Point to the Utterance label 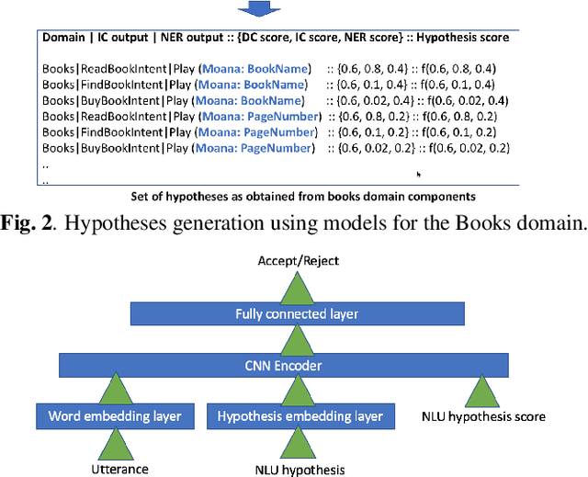click(x=118, y=469)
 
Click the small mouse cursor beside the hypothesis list click(x=419, y=174)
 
